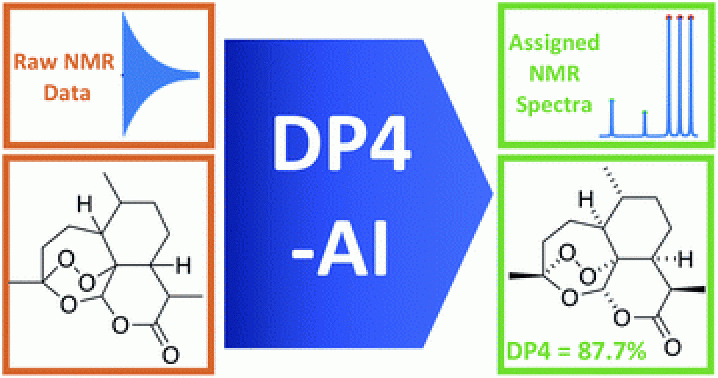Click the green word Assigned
(x=555, y=43)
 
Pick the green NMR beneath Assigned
(x=555, y=74)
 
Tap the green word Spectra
(x=554, y=104)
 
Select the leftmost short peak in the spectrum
(x=612, y=116)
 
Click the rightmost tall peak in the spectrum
(x=690, y=73)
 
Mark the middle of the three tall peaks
(x=679, y=73)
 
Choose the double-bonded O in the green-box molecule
(x=671, y=348)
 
